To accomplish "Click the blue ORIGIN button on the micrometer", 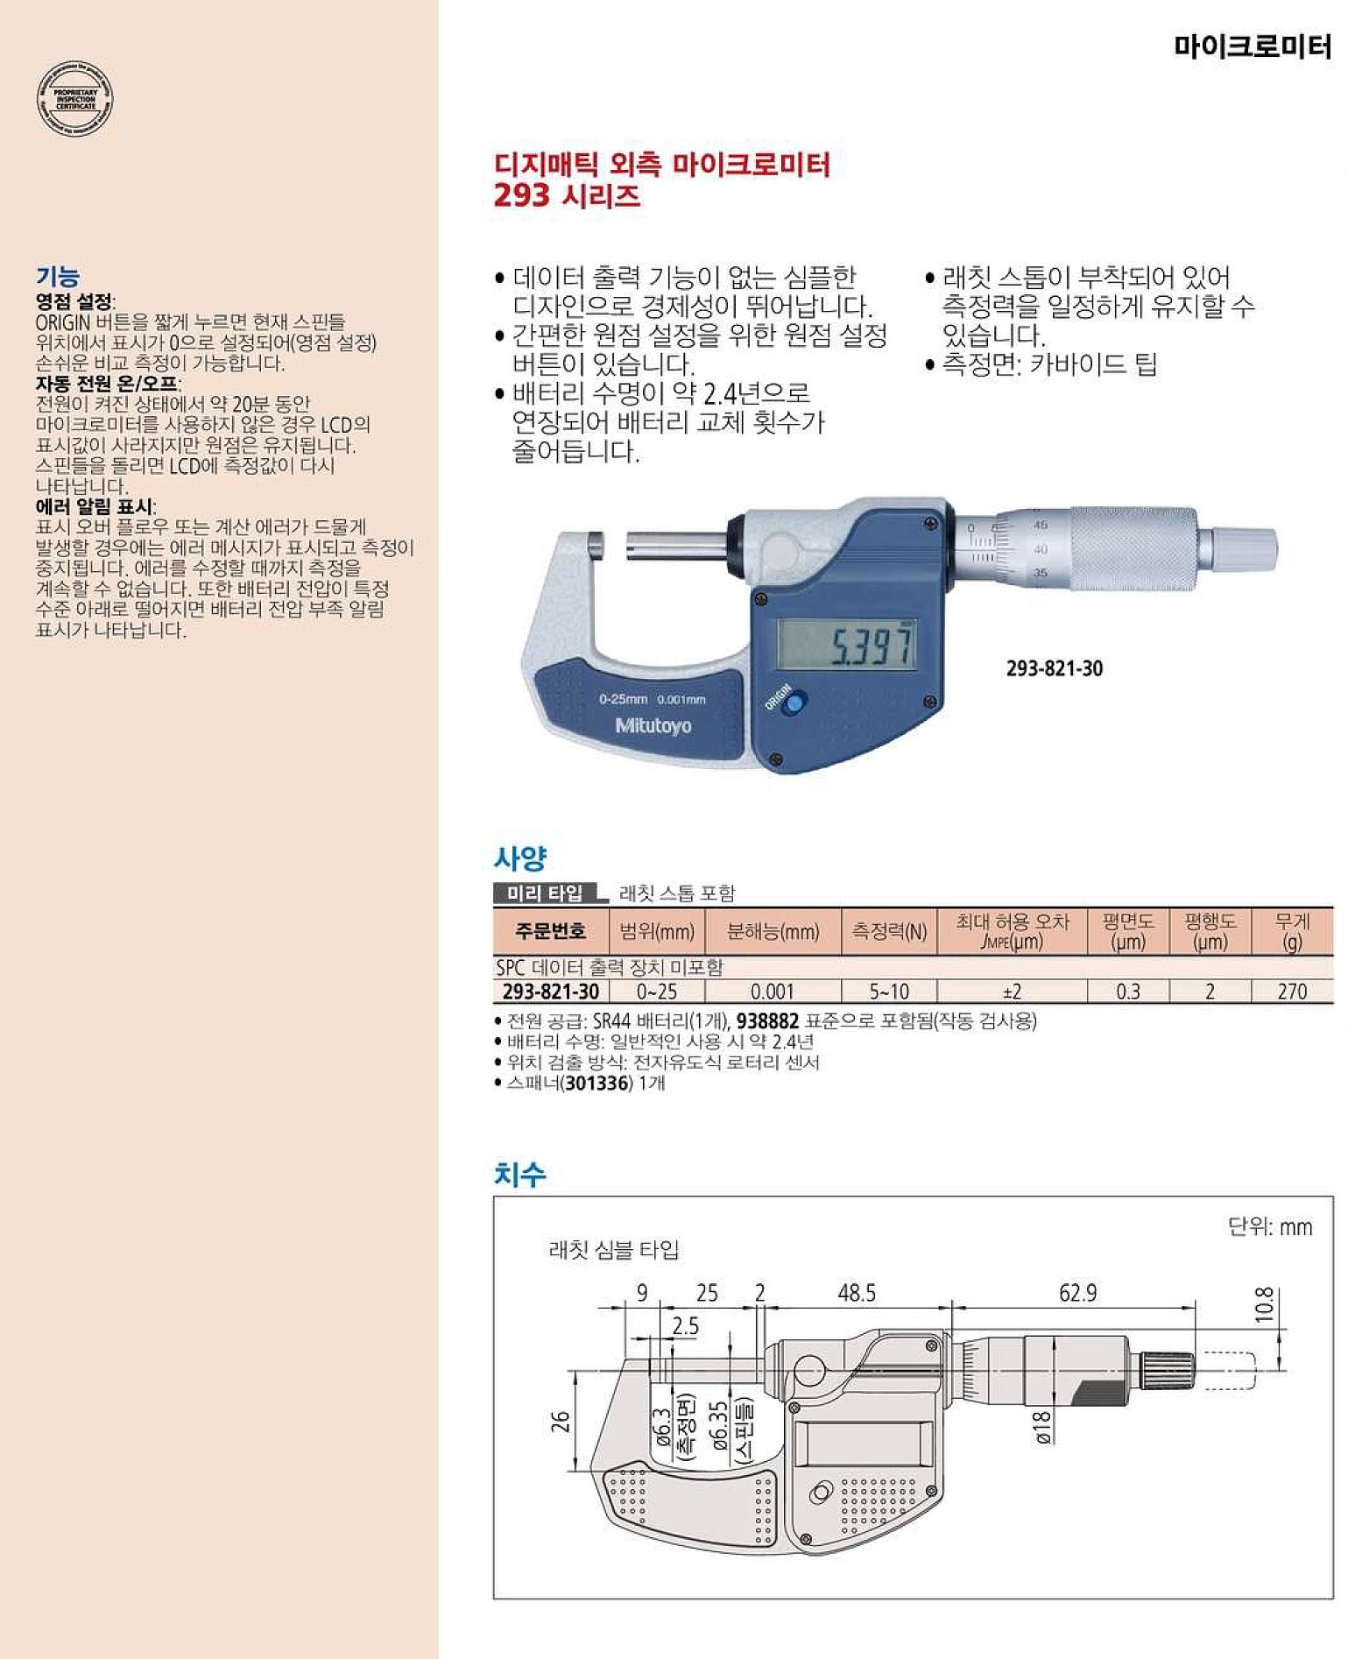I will click(794, 702).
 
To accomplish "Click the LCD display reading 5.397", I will click(847, 646).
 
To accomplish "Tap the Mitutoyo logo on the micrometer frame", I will click(653, 726).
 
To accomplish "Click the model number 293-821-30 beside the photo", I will click(1054, 668).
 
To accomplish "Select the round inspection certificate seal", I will click(75, 100).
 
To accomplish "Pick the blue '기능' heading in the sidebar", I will click(58, 277).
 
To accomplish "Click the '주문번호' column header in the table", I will click(550, 931).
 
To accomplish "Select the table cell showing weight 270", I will click(1292, 992).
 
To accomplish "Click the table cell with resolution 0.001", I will click(772, 992).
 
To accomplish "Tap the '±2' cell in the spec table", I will click(1012, 992).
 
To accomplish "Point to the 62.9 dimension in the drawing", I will click(1077, 1293).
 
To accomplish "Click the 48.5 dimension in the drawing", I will click(856, 1293).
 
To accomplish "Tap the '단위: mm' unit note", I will click(1270, 1226).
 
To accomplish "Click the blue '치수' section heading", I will click(520, 1174).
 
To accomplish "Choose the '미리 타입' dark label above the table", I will click(545, 893).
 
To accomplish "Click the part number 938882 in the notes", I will click(767, 1021).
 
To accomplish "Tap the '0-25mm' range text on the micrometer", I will click(623, 699).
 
